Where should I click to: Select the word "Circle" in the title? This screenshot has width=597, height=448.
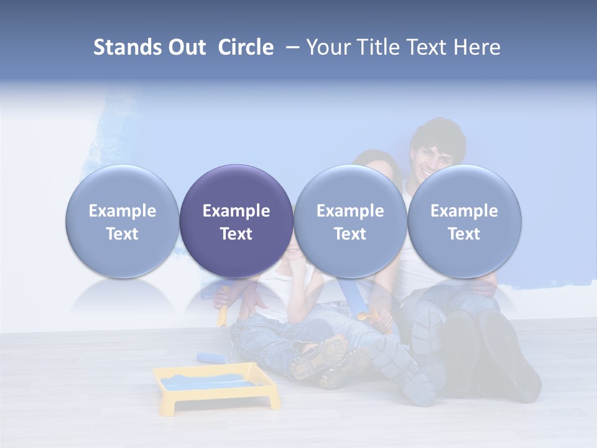coord(246,47)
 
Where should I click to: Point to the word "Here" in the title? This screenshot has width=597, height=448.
coord(476,47)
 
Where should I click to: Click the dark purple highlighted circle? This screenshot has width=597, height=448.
coord(236,221)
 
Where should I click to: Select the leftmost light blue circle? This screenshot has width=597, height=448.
coord(123,221)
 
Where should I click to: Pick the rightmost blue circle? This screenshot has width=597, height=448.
coord(464,221)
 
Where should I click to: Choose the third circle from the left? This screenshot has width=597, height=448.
coord(350,221)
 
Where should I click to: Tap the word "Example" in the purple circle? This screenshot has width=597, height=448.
coord(236,211)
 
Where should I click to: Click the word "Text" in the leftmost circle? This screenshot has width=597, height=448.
coord(123,234)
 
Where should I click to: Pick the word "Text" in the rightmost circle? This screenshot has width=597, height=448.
coord(464,234)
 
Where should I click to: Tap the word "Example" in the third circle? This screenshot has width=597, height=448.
coord(350,211)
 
